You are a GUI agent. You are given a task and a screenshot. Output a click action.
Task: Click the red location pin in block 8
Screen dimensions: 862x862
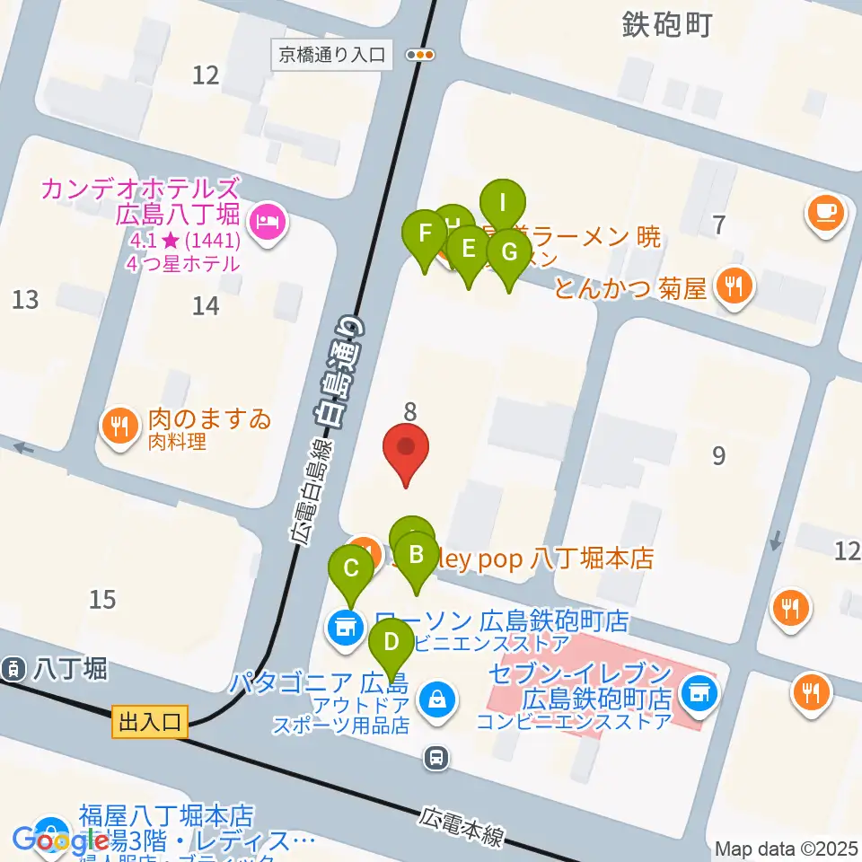point(406,448)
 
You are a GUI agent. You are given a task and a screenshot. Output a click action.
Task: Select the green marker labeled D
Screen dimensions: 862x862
point(391,644)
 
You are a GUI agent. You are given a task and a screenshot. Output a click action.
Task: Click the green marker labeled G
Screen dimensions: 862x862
point(509,252)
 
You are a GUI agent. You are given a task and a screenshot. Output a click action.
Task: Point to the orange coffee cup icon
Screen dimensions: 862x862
point(824,214)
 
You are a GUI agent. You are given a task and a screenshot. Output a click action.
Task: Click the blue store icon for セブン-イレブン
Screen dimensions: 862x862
point(696,691)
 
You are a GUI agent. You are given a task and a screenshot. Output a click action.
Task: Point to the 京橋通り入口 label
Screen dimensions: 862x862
point(331,55)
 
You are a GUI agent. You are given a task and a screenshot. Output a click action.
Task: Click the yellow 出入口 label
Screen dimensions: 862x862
point(150,721)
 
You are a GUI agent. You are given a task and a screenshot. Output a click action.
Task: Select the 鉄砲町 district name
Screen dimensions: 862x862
point(666,24)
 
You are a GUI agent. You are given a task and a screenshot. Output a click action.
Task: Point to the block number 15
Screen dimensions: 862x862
point(103,599)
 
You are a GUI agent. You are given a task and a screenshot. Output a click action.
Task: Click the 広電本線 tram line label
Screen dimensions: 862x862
point(461,830)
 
